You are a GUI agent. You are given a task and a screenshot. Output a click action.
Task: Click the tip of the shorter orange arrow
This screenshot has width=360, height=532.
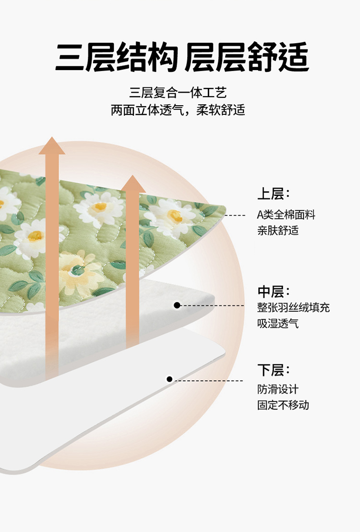point(133,175)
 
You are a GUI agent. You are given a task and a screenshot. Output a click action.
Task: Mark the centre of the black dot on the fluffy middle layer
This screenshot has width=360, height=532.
point(177,305)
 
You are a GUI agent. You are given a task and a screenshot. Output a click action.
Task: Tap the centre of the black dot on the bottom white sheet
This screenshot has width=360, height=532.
point(169,379)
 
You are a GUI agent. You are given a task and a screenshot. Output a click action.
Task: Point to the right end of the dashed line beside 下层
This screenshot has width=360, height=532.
point(243,381)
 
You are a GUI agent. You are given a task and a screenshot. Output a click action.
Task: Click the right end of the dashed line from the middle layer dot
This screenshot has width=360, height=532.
point(244,306)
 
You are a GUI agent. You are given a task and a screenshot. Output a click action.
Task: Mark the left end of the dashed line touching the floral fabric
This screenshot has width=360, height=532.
point(225,215)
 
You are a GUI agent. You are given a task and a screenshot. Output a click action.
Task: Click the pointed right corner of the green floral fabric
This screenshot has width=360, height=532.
point(225,207)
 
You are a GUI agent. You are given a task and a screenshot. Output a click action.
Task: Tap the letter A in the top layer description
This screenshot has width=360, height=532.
point(260,215)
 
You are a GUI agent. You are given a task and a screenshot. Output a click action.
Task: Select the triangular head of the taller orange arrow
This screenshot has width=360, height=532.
point(51,145)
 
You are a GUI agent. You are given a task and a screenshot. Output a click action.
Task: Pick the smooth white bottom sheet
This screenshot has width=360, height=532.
point(112,407)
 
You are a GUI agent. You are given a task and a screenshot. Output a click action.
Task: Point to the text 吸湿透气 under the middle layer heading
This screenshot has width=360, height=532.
point(278,323)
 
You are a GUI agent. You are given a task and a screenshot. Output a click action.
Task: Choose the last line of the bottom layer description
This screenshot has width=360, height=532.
point(283,405)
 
